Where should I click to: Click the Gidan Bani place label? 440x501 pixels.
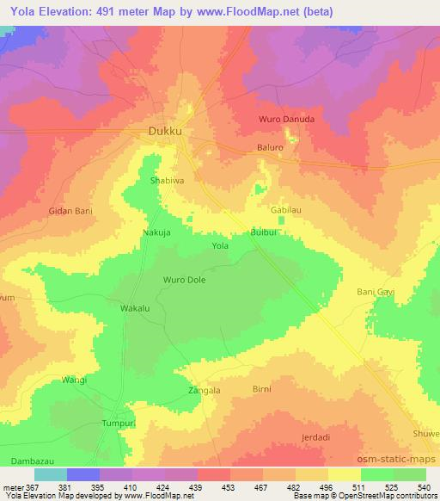point(70,210)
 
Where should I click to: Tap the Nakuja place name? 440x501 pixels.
point(157,232)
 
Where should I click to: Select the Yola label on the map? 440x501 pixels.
point(220,246)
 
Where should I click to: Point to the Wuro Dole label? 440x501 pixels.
point(184,280)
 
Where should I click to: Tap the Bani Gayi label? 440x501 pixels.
point(376,293)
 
